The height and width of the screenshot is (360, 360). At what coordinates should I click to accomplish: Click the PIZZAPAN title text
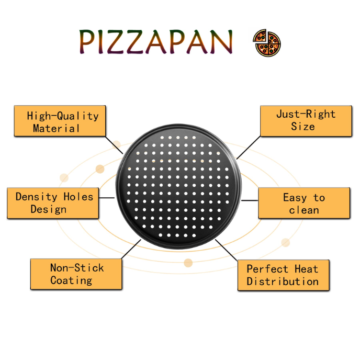click(156, 41)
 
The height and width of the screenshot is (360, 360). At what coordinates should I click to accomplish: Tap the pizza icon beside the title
click(267, 43)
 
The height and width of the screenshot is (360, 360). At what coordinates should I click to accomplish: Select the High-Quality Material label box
click(60, 121)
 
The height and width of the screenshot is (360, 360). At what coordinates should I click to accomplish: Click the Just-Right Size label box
click(306, 121)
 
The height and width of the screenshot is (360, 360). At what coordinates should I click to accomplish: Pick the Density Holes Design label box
click(53, 203)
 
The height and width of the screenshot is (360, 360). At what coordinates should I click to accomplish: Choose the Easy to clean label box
click(304, 203)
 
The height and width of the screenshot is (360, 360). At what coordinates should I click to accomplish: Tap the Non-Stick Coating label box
click(76, 274)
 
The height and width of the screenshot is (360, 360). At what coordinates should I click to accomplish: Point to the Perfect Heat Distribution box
click(284, 275)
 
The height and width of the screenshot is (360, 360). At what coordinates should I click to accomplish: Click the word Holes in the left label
click(78, 197)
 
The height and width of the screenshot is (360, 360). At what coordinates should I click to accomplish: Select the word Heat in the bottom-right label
click(307, 269)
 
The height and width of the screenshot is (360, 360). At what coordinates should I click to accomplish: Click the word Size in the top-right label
click(303, 127)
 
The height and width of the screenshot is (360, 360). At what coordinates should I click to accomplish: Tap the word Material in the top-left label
click(57, 128)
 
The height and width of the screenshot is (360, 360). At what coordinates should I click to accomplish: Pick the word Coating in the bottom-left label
click(71, 281)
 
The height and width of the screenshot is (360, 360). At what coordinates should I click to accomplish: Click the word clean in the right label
click(304, 210)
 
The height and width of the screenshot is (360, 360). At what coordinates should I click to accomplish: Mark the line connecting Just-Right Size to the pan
click(249, 148)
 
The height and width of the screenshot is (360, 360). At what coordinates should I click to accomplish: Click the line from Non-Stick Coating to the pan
click(131, 249)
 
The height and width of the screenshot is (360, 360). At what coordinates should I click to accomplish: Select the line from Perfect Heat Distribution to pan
click(227, 250)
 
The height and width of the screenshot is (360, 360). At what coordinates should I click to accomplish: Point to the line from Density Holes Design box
click(107, 197)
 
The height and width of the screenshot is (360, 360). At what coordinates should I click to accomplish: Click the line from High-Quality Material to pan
click(114, 145)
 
